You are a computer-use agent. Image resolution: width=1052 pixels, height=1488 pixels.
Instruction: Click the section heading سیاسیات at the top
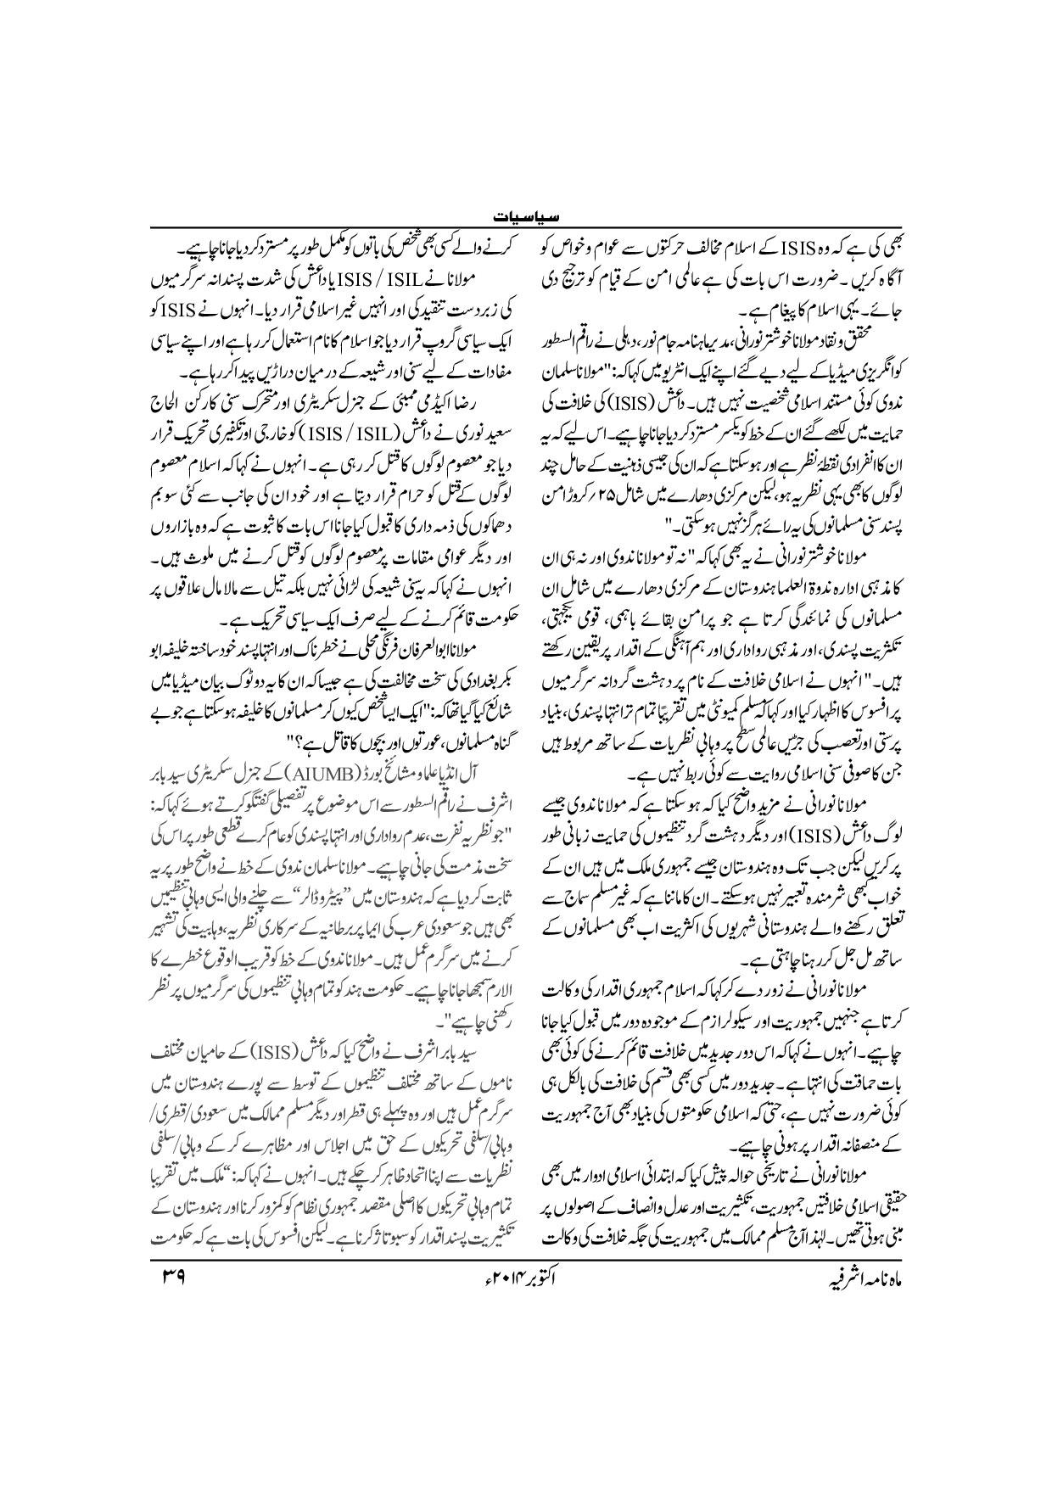click(526, 217)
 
